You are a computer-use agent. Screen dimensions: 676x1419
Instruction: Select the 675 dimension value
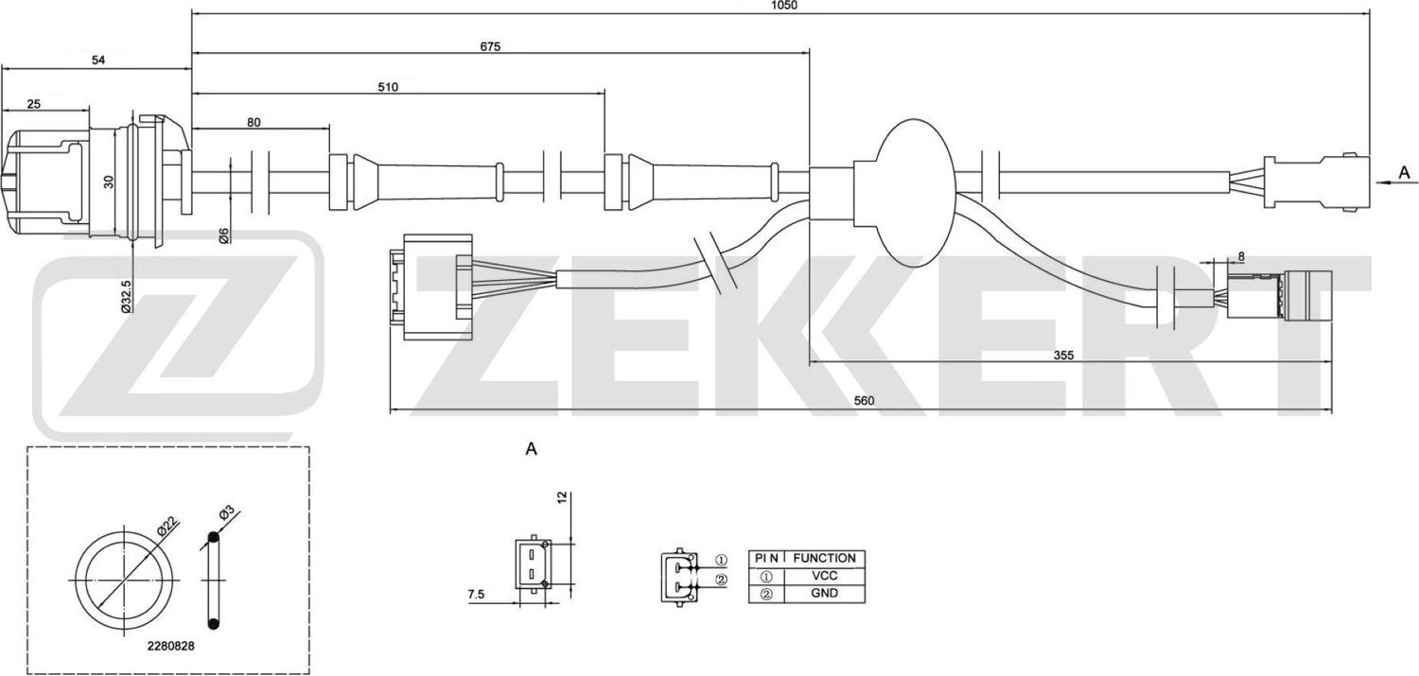[x=489, y=46]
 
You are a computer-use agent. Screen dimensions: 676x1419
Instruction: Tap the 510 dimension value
[x=388, y=86]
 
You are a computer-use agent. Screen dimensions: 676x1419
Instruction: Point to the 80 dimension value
[x=254, y=121]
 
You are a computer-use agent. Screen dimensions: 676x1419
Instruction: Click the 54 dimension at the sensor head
[x=97, y=61]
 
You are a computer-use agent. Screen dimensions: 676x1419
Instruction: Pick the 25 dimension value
[x=33, y=104]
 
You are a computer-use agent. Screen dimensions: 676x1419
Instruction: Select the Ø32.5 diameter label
[x=126, y=295]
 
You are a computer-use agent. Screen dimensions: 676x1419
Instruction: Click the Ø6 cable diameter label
[x=223, y=235]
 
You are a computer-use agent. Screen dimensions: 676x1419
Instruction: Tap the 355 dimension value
[x=1064, y=355]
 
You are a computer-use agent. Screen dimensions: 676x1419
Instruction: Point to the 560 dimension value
[x=864, y=400]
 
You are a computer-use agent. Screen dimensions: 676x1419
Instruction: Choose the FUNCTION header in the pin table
[x=823, y=558]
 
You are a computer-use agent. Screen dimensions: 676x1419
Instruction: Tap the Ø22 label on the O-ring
[x=168, y=525]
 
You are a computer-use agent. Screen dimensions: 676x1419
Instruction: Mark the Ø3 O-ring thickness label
[x=227, y=513]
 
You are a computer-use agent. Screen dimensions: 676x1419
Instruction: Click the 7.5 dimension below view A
[x=476, y=594]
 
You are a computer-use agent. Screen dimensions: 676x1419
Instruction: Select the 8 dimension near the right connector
[x=1240, y=256]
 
